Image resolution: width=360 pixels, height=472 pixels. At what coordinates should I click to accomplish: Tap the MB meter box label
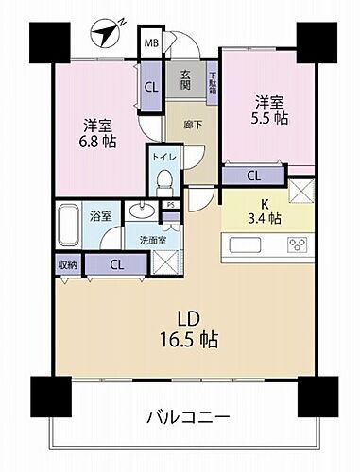151,42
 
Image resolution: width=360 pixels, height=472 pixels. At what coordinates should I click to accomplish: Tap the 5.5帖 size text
267,120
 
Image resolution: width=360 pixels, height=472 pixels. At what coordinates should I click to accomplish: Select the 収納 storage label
66,264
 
